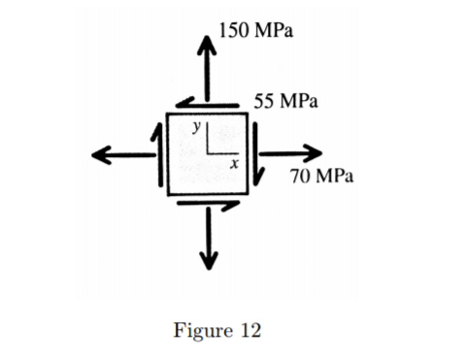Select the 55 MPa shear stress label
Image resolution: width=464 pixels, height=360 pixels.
tap(288, 100)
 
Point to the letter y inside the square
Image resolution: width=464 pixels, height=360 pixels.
tap(196, 126)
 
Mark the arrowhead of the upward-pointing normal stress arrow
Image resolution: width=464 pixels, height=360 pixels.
tap(206, 44)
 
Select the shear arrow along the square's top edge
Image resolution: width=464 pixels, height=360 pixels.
tap(206, 104)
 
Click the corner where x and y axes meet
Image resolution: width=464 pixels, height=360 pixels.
tap(209, 154)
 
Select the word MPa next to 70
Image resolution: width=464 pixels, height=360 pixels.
tap(335, 176)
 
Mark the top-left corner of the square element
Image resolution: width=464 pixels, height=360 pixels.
tap(167, 114)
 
